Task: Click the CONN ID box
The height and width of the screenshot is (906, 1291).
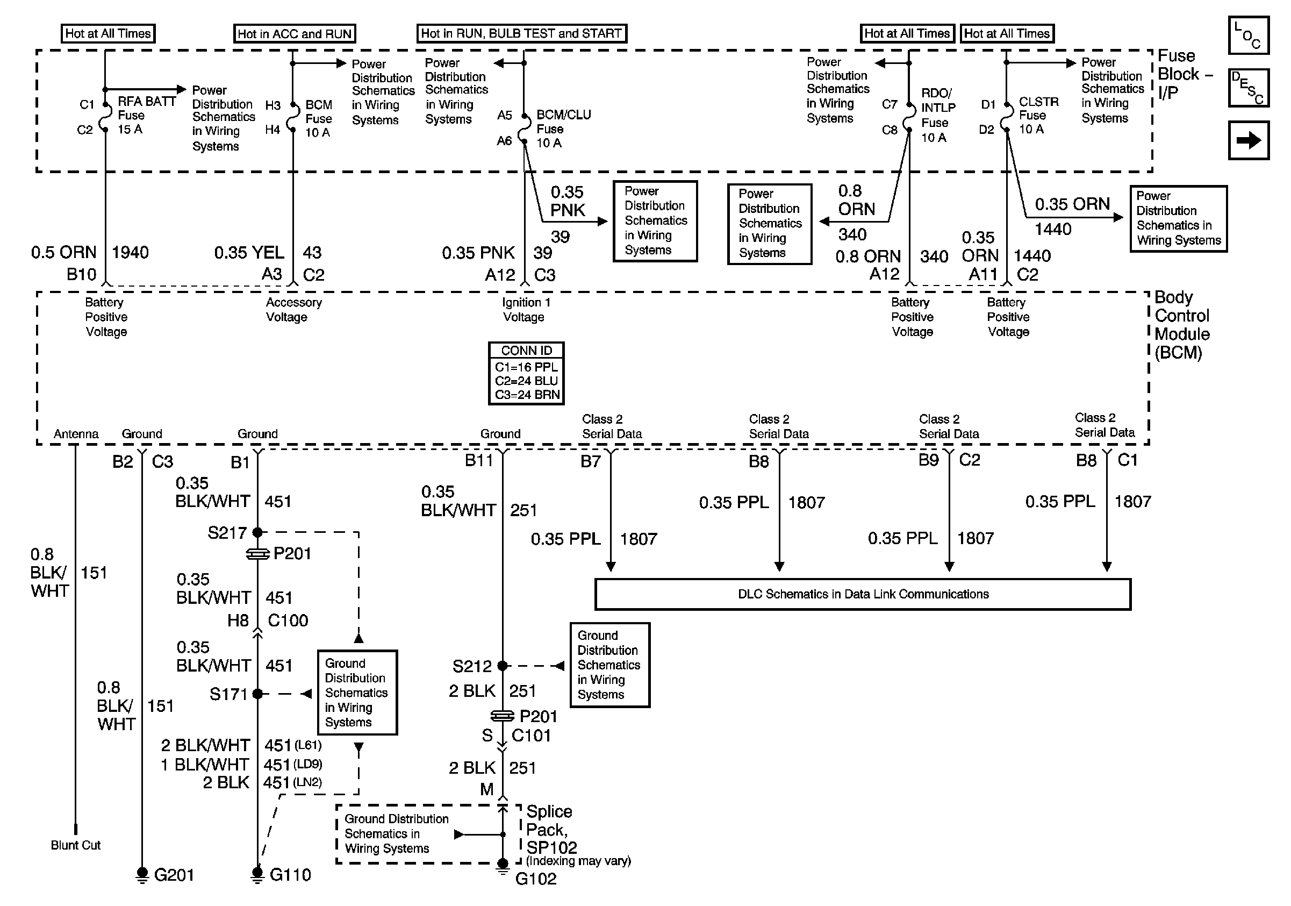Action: (x=526, y=374)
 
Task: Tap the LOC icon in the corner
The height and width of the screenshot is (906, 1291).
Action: (x=1248, y=35)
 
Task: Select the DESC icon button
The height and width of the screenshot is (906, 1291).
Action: (x=1248, y=88)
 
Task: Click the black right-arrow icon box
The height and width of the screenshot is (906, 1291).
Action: (x=1248, y=140)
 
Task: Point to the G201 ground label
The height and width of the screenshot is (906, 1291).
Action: (x=174, y=875)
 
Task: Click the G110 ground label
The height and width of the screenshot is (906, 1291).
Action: (x=290, y=875)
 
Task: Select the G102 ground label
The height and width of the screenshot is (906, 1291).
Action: (x=536, y=879)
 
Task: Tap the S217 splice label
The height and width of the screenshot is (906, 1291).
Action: (x=227, y=532)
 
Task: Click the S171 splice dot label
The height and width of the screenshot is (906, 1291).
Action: (x=228, y=695)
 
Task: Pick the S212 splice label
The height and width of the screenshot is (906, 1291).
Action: (x=472, y=666)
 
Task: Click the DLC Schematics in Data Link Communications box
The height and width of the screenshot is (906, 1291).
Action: (x=863, y=595)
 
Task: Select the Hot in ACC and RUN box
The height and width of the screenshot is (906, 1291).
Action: (x=295, y=34)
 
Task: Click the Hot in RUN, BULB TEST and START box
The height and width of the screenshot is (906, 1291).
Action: (x=521, y=34)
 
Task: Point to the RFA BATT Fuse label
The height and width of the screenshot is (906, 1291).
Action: (x=146, y=115)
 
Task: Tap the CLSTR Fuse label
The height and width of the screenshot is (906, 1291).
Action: (x=1038, y=115)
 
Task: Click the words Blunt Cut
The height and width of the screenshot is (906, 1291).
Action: (x=75, y=845)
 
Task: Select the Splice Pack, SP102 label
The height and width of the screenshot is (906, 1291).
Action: (x=551, y=830)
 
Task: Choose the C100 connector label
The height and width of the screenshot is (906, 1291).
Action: (x=288, y=621)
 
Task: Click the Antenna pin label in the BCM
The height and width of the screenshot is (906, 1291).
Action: (x=76, y=434)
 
